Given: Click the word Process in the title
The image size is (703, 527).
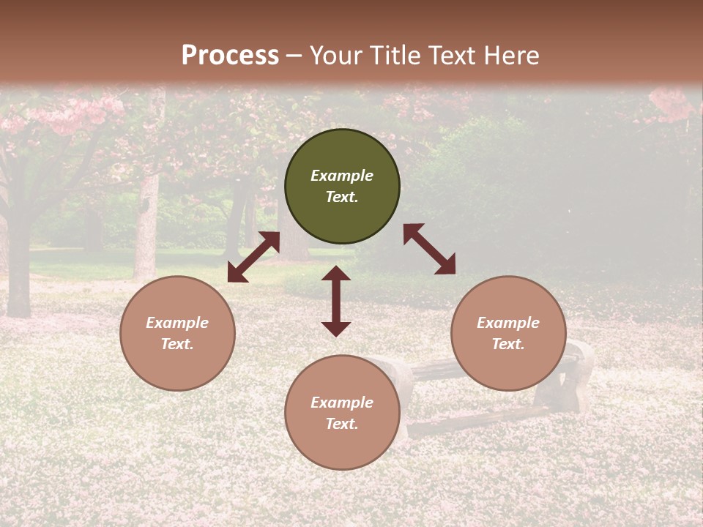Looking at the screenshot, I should point(230,56).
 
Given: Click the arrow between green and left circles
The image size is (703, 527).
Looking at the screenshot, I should point(253,257).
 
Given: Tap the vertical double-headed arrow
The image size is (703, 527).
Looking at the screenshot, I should point(336,301).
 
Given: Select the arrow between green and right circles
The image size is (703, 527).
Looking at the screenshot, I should point(429,249).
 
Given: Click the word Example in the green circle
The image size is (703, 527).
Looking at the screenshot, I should point(342,176).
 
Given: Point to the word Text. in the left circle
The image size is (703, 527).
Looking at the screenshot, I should point(177,344).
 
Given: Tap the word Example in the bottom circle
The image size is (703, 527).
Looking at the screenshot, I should point(342,403).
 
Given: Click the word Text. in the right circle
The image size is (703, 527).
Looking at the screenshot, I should point(508,344).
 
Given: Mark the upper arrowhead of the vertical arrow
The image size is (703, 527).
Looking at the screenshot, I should point(336,274).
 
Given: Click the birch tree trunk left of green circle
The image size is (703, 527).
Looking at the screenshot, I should point(146,227).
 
